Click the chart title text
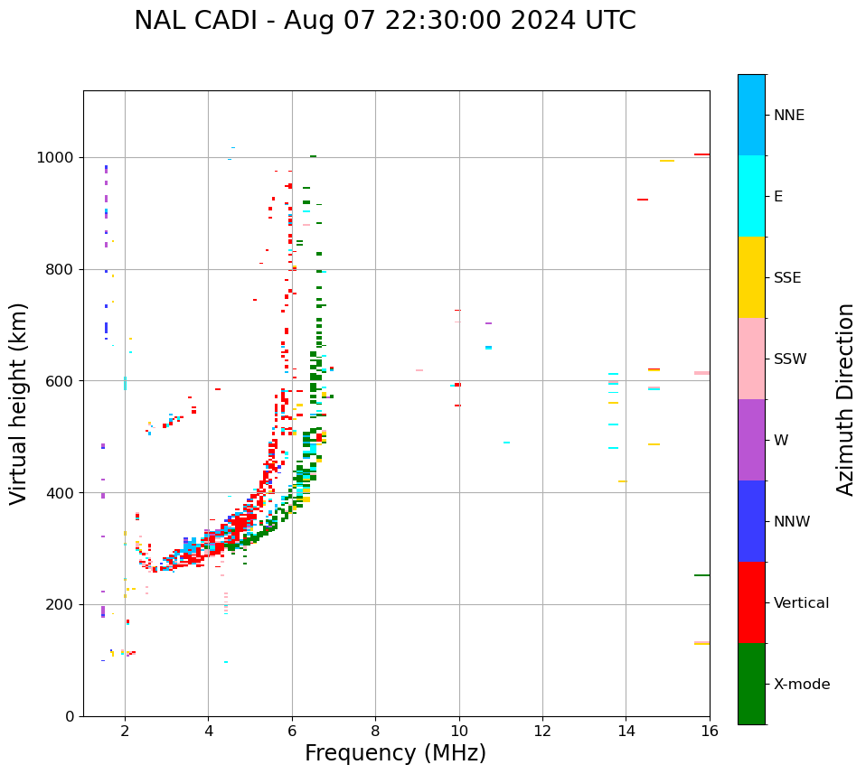(x=384, y=21)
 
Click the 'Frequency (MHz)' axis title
(x=395, y=753)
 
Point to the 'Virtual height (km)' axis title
(x=19, y=403)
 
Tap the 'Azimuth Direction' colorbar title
(x=845, y=398)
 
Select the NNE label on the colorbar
(x=788, y=116)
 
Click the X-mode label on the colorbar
(x=801, y=685)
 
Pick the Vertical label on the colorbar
(x=801, y=603)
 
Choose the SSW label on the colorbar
(x=789, y=359)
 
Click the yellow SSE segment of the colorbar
(x=751, y=277)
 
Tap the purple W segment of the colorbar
(x=751, y=440)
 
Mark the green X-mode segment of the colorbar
(x=751, y=684)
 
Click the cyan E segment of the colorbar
(x=751, y=196)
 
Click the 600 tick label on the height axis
(x=61, y=381)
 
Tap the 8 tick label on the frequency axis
(x=375, y=731)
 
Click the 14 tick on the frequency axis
(x=626, y=731)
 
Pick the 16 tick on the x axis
(x=710, y=731)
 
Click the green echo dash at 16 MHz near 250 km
(x=701, y=575)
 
